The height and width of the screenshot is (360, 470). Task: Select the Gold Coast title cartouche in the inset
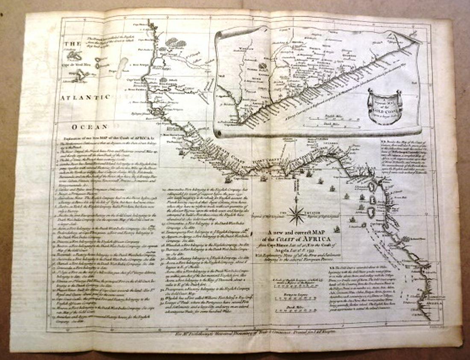(x=384, y=106)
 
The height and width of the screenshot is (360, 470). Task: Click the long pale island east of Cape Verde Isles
(x=122, y=67)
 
